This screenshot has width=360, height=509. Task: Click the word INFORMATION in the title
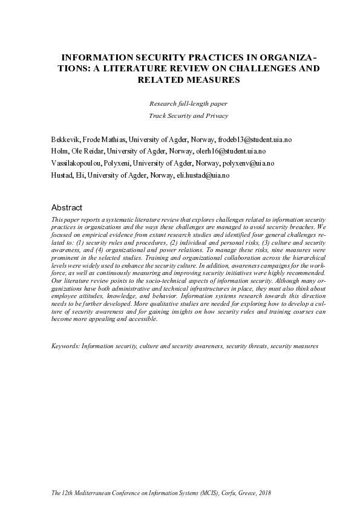point(99,57)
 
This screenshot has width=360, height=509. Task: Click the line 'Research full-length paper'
point(188,103)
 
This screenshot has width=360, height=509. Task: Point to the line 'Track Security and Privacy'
point(188,115)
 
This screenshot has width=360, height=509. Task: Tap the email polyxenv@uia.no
point(249,163)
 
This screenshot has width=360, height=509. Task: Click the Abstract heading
point(67,207)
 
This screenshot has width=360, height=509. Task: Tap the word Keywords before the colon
point(65,347)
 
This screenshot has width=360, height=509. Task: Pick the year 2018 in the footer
point(264,493)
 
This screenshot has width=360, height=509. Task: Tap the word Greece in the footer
point(240,493)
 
